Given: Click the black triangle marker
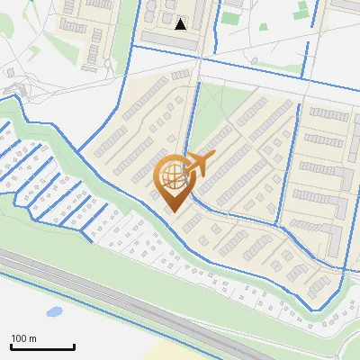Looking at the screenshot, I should tap(181, 24).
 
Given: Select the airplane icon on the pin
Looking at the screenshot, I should tap(195, 165).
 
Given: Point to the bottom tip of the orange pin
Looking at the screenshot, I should tap(171, 212).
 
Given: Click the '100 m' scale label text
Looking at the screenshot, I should tap(23, 338).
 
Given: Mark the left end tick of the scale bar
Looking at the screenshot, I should tap(10, 346).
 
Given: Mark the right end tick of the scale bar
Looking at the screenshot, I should tap(74, 346).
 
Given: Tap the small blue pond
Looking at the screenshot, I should tap(54, 312).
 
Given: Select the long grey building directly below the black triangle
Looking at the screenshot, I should tap(175, 40).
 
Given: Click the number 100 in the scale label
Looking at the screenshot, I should tap(20, 338).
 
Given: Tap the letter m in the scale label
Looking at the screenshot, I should tap(33, 338).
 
